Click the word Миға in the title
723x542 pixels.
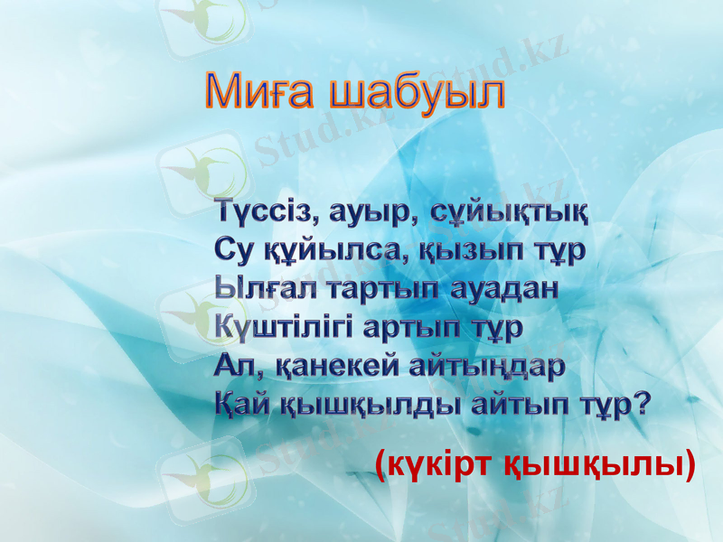coord(262,92)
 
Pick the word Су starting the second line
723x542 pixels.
coord(234,249)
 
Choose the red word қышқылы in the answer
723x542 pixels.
coord(593,466)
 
